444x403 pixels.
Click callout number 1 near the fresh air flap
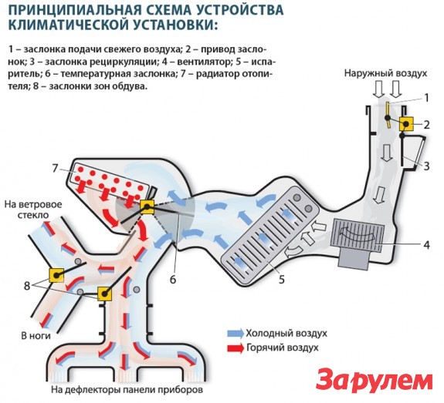point(423,98)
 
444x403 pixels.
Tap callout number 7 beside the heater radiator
point(55,168)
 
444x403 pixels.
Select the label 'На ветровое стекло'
point(32,210)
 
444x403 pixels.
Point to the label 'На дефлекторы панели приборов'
point(127,391)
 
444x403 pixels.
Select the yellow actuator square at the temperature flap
point(147,206)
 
